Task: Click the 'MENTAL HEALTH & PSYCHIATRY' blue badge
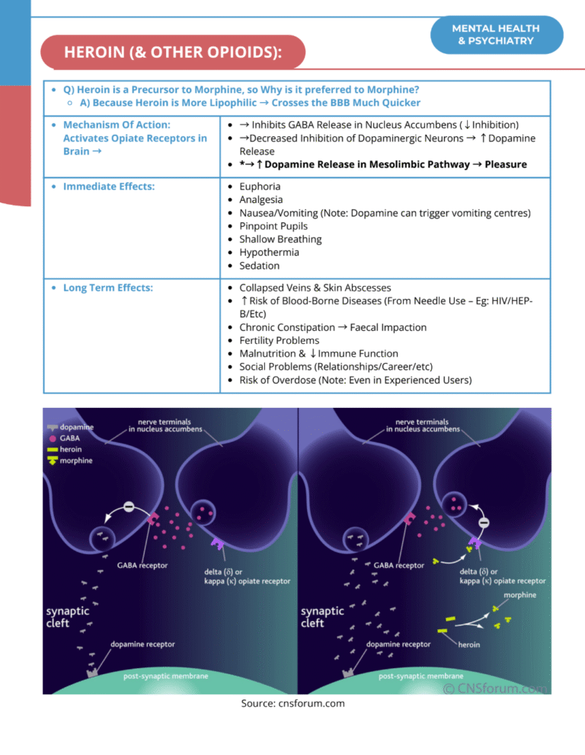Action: pyautogui.click(x=496, y=34)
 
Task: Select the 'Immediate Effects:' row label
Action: pyautogui.click(x=109, y=186)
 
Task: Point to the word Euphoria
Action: pyautogui.click(x=260, y=186)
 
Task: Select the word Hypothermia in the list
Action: pyautogui.click(x=269, y=253)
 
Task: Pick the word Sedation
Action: pyautogui.click(x=259, y=266)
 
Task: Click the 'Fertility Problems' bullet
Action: pyautogui.click(x=279, y=340)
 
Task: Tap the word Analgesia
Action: pyautogui.click(x=262, y=199)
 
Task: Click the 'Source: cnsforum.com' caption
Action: pyautogui.click(x=292, y=703)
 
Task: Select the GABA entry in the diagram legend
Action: pyautogui.click(x=69, y=438)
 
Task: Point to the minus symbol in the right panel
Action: pyautogui.click(x=484, y=524)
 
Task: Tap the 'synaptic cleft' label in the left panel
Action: pyautogui.click(x=68, y=616)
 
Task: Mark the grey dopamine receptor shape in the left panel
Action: pyautogui.click(x=92, y=672)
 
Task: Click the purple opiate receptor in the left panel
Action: pyautogui.click(x=217, y=544)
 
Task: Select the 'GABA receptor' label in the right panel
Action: pyautogui.click(x=398, y=565)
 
